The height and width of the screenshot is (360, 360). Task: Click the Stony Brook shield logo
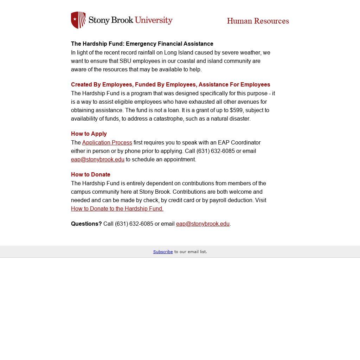point(78,20)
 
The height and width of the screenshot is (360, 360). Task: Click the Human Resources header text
point(258,21)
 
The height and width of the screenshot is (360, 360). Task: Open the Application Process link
point(107,143)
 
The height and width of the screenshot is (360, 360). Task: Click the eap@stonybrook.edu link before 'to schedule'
point(97,160)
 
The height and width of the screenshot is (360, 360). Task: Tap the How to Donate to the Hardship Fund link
point(117,209)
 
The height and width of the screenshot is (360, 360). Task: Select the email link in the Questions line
point(202,224)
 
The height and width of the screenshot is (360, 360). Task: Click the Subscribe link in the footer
point(163,252)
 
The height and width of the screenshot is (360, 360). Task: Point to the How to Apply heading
point(89,134)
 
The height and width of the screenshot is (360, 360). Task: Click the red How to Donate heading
point(90,175)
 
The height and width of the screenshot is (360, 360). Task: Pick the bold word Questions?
point(86,224)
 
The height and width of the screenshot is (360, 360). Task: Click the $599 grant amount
point(236,110)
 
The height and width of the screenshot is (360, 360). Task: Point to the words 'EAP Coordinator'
point(239,143)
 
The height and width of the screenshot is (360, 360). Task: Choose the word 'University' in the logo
point(153,20)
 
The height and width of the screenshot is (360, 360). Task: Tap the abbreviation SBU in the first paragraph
point(125,61)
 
